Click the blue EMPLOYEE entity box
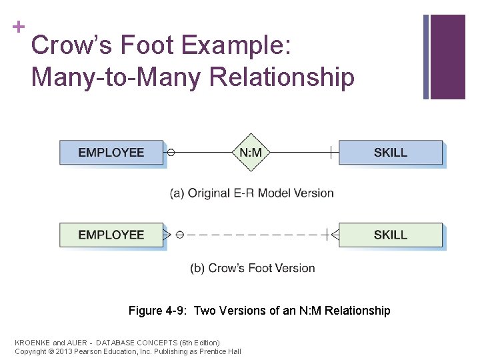coord(111,153)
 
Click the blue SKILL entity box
coord(390,153)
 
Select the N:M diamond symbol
coord(251,153)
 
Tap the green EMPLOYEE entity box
coord(111,235)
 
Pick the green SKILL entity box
coord(390,235)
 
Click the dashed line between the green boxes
coord(253,235)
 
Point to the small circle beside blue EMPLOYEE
coord(171,153)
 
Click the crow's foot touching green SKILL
coord(334,235)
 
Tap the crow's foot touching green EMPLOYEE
coord(167,235)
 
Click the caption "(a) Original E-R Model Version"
coord(252,193)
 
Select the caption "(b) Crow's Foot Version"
coord(252,268)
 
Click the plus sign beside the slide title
coord(19,27)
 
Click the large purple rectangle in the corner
coord(447,57)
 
